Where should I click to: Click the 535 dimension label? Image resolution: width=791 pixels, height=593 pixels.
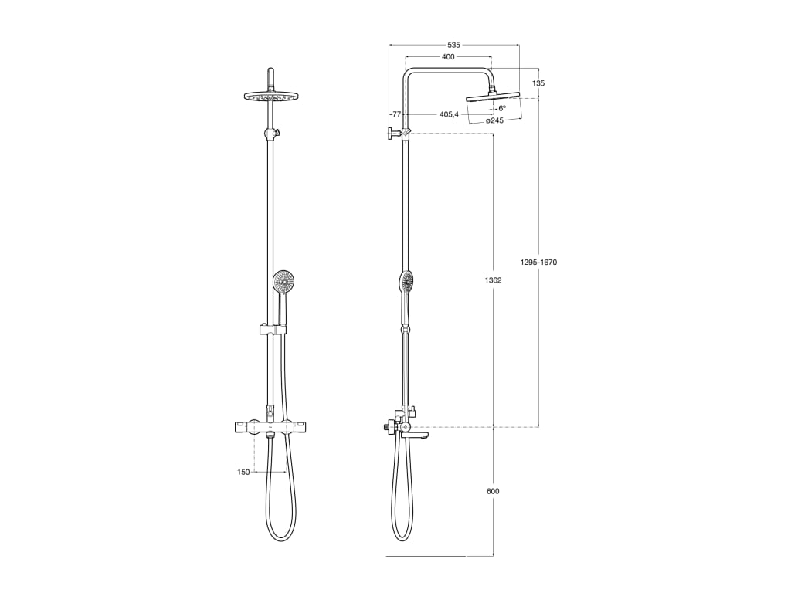[453, 46]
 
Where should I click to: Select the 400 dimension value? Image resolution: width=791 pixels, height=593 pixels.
[448, 57]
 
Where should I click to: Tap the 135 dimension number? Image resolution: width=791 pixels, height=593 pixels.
[538, 83]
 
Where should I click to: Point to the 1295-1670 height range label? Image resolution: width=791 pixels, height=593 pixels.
[538, 263]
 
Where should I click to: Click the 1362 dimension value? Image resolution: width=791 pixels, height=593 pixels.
[493, 280]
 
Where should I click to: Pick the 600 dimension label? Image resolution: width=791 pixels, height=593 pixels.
[493, 491]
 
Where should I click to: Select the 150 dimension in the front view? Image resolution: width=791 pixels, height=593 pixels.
[243, 472]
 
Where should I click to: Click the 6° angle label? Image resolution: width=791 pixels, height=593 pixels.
[501, 109]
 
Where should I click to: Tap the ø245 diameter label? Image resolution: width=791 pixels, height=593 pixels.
[494, 120]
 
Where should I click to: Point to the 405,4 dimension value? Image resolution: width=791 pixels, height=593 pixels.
[449, 114]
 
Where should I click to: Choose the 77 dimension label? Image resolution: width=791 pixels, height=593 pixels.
[396, 114]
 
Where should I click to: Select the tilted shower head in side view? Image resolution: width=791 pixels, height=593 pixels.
[493, 97]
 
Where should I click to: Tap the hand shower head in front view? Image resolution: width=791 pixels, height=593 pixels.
[284, 281]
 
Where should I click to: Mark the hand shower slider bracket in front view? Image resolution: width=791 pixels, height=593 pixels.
[273, 330]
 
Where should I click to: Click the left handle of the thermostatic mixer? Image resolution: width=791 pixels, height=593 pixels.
[243, 426]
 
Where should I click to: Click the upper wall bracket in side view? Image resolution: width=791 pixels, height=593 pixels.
[392, 134]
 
